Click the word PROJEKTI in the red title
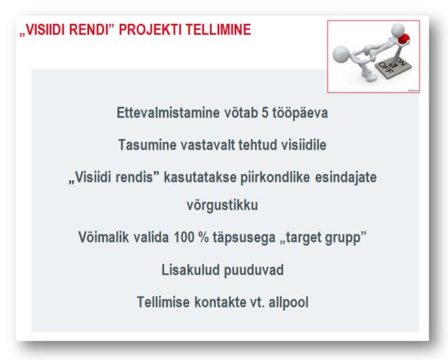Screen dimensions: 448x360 tap(150, 30)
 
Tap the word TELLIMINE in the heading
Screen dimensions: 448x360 tap(219, 30)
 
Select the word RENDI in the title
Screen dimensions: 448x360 tap(89, 30)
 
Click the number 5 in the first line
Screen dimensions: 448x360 tap(265, 113)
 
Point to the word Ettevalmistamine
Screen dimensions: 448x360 tap(168, 113)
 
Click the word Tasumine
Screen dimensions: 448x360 tap(148, 145)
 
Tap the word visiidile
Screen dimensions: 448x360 tap(304, 145)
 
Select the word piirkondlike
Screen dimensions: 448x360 tap(275, 178)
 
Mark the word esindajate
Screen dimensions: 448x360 tap(346, 178)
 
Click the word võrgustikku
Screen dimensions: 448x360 tap(222, 206)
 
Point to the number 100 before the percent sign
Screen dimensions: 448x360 tap(184, 238)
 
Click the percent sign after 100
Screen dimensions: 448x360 tap(204, 238)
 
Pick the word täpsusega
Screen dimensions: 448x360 tap(244, 238)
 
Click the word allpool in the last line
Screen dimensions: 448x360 tap(289, 303)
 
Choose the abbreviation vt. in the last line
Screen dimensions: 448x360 tap(257, 303)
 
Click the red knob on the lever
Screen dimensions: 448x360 tap(404, 39)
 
